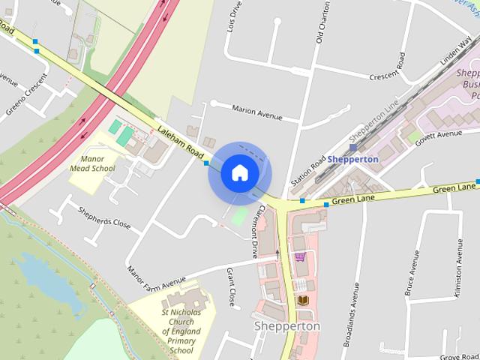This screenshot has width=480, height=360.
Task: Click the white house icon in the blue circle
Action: click(x=239, y=172)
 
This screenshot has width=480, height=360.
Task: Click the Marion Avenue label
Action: click(x=256, y=113)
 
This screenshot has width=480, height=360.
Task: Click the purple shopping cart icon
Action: click(x=300, y=257)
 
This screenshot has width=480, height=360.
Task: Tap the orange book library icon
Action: click(x=303, y=300)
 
